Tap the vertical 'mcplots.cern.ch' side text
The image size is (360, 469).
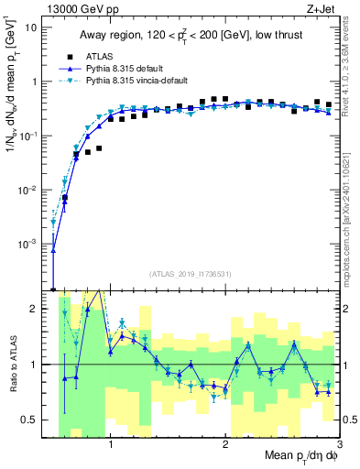[352, 220]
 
